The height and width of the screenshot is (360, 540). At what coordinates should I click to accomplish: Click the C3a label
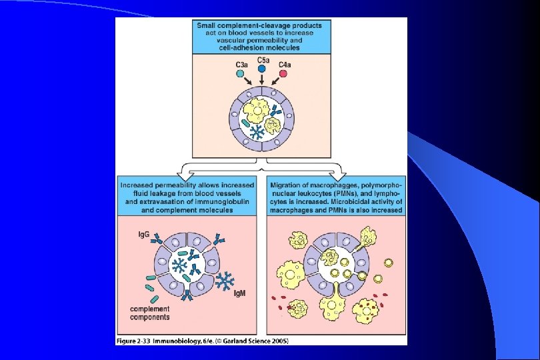coord(241,63)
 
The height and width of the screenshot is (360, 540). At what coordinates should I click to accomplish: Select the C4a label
coord(284,63)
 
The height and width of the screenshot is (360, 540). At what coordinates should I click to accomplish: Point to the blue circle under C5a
coord(262,69)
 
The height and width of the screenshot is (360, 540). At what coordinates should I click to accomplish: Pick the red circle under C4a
coord(283,73)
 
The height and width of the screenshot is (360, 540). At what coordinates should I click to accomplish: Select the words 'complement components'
coord(151,313)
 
